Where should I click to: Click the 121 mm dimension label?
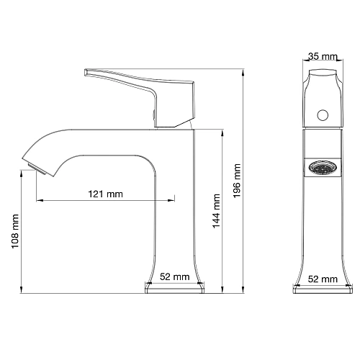105,194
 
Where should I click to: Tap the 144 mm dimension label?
216,210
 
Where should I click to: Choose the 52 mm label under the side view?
175,276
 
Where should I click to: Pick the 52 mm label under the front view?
323,278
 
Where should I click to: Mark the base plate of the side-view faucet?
175,289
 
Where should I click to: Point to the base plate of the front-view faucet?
323,289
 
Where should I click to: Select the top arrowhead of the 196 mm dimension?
243,71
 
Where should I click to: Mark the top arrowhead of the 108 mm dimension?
24,174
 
